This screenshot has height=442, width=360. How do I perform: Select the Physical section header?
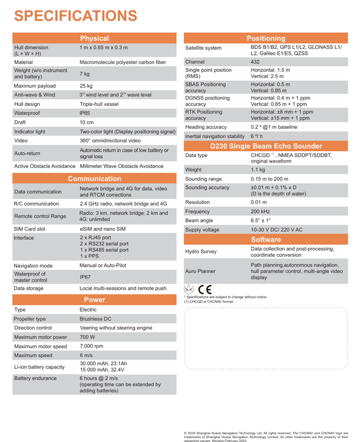(95, 38)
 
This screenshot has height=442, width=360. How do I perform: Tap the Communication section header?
(95, 179)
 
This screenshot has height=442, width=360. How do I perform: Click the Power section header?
(95, 300)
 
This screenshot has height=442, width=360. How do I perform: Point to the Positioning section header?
(266, 38)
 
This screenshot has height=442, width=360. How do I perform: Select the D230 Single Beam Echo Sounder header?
(266, 146)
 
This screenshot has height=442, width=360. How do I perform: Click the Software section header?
(266, 239)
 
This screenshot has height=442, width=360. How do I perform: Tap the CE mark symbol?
(205, 289)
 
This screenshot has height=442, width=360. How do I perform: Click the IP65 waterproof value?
(85, 113)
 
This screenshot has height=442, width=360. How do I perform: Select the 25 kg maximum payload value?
(86, 86)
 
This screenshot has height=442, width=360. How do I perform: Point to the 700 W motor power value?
(87, 337)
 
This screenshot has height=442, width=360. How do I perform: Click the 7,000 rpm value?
(91, 347)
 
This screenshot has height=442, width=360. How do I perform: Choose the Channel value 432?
(255, 62)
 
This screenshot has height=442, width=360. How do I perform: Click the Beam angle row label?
(199, 221)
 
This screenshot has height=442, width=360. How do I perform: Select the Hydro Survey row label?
(201, 252)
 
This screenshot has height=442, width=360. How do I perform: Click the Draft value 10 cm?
(87, 122)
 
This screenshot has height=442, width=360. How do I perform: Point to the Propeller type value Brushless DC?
(95, 319)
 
